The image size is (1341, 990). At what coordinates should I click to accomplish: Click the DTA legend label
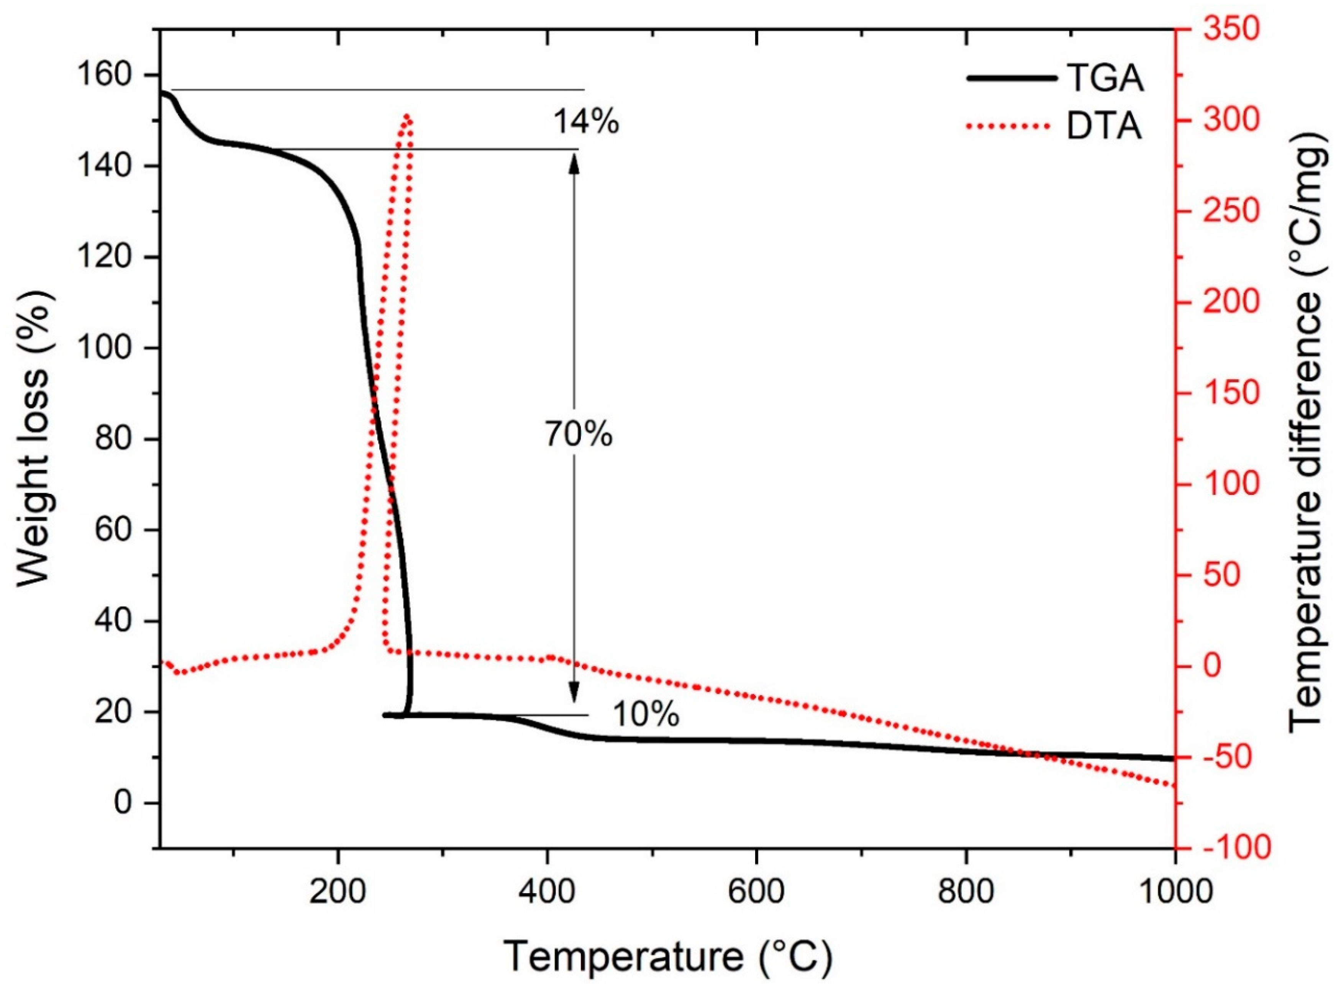pos(1104,128)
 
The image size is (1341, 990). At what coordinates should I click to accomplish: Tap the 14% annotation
pos(585,122)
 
